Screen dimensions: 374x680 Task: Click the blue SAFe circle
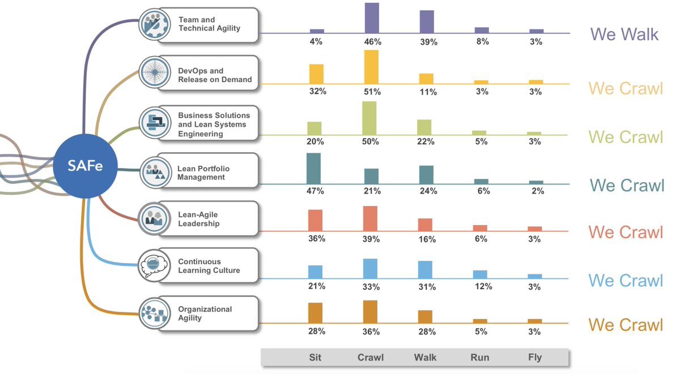pos(85,166)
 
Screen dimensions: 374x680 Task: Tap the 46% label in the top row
pos(372,42)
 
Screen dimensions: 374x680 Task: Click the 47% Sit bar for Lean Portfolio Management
pos(313,168)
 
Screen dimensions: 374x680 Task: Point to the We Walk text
pos(624,34)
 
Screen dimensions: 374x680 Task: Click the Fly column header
pos(534,358)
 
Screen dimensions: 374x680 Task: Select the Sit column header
pos(314,358)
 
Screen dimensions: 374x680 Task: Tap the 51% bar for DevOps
pos(371,67)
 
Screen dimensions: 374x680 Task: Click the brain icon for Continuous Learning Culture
pos(154,265)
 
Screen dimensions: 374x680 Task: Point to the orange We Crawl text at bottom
pos(625,325)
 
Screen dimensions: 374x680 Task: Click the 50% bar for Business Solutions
pos(369,118)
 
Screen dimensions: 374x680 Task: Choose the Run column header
pos(481,358)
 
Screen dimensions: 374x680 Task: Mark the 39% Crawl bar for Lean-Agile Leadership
pos(370,218)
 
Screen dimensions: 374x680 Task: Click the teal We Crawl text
pos(627,185)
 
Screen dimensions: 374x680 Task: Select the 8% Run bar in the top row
pos(482,30)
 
